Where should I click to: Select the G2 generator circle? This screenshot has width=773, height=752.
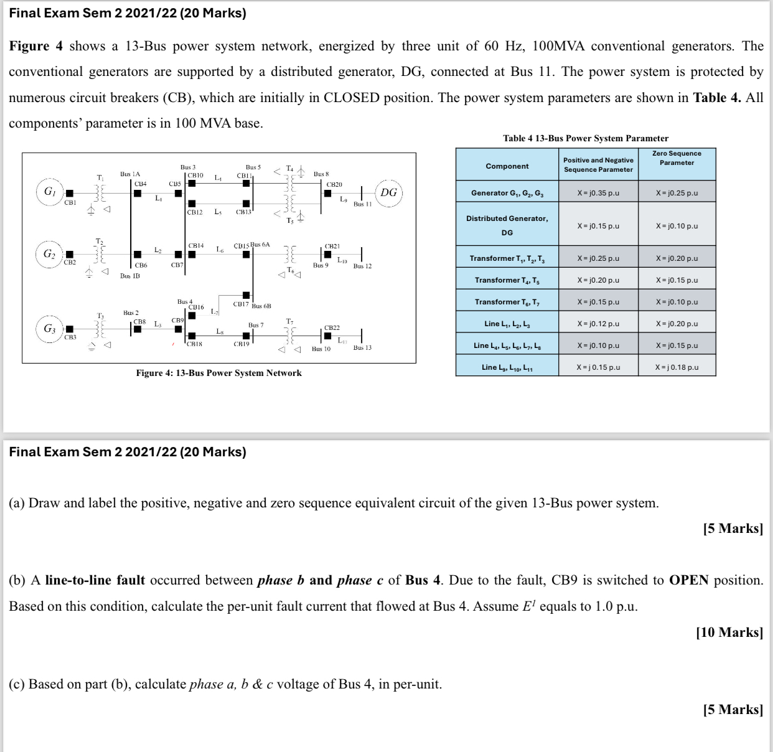tap(49, 254)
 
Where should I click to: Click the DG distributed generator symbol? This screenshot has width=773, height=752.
tap(388, 192)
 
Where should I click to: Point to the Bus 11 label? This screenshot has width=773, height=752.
tap(362, 204)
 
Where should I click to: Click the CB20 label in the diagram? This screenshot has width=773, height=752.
tap(334, 184)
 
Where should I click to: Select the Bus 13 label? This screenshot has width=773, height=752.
tap(362, 347)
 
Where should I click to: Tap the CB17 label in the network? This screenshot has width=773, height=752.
tap(241, 304)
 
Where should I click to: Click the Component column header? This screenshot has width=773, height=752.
tap(507, 166)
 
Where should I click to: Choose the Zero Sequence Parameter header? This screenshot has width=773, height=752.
tap(677, 158)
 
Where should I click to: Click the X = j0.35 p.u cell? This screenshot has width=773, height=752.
tap(598, 193)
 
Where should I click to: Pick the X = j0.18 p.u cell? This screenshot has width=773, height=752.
tap(677, 367)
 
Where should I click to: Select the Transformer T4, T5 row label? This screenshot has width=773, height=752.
tap(507, 280)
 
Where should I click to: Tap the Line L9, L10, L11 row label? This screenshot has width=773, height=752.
tap(507, 367)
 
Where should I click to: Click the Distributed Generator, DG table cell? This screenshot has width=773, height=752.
tap(507, 225)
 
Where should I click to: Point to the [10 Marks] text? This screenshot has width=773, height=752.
tap(729, 632)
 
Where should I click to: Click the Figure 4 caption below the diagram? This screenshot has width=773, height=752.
tap(218, 373)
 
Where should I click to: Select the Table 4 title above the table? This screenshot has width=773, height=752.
tap(586, 138)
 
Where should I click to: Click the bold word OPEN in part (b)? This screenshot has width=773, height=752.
tap(689, 580)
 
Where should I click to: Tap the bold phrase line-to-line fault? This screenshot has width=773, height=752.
tap(95, 580)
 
